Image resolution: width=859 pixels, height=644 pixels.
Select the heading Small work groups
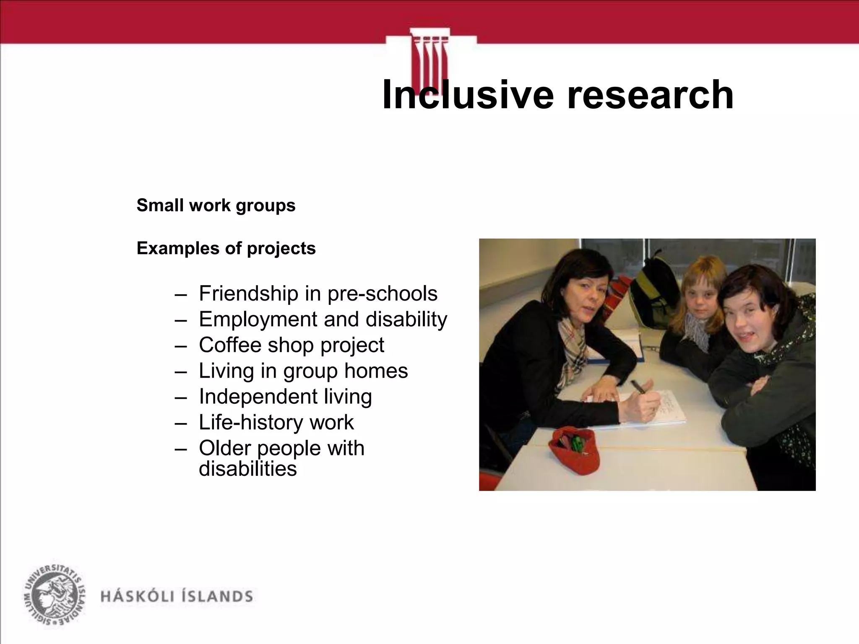[x=216, y=205]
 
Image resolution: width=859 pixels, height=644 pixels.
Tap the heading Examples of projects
[x=226, y=248]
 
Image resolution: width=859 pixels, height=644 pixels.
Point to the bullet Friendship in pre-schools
[x=318, y=293]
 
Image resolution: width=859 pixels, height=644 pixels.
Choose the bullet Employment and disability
[x=323, y=319]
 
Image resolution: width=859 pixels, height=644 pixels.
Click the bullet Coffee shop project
[x=291, y=345]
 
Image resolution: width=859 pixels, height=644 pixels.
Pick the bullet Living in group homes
[x=303, y=371]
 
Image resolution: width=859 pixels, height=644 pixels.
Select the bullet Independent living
[x=285, y=396]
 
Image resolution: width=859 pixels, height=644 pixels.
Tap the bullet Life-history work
[x=276, y=422]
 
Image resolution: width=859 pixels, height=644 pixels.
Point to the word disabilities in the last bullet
[x=247, y=468]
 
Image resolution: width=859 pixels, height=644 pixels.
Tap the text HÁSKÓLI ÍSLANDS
[x=177, y=596]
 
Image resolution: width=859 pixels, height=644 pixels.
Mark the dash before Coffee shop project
[x=180, y=346]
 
